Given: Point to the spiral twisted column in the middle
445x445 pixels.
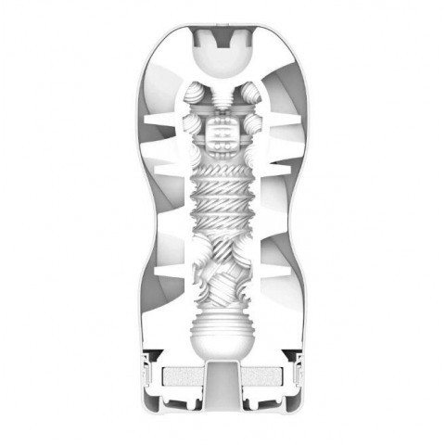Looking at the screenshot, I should pos(222,199).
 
